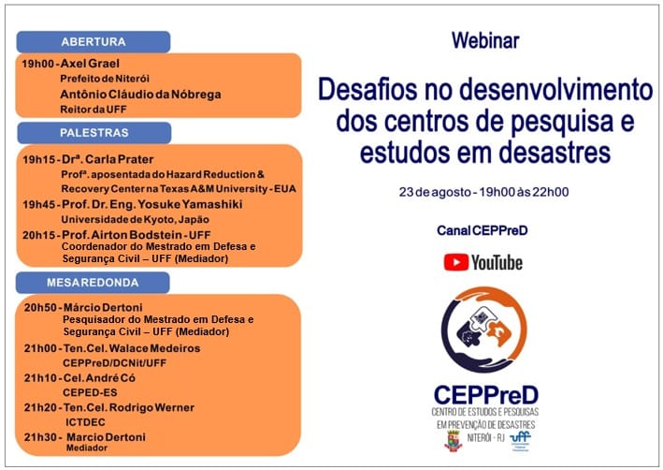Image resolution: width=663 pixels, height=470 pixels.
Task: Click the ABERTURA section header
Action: point(94,41)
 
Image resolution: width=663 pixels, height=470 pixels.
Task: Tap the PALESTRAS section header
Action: point(94,133)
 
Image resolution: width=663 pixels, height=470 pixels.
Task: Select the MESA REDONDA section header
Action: point(93,283)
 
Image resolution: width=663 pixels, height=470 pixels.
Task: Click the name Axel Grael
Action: point(90,64)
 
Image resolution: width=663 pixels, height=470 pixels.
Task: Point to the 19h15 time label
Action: point(39,159)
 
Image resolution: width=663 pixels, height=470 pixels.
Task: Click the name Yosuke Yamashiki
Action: point(190,204)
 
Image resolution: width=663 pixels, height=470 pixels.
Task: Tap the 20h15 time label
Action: point(39,235)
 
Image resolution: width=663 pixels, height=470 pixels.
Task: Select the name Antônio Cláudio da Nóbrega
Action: point(140,94)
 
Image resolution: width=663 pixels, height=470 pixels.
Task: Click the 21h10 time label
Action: point(40,377)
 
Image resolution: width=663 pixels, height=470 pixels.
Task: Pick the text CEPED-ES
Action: point(90,392)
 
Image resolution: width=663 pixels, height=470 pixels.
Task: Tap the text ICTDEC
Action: point(85,422)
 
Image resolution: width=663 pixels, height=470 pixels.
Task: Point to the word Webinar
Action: point(485,40)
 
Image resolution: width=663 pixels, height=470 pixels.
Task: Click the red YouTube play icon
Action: point(455,262)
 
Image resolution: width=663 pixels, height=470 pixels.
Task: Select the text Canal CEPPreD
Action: point(483,230)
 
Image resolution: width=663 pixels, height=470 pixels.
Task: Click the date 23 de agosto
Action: point(435,192)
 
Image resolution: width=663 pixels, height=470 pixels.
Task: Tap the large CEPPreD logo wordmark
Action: point(486,395)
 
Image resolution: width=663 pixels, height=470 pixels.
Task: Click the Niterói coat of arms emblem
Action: point(454,441)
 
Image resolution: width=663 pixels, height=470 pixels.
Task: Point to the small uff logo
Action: point(521,441)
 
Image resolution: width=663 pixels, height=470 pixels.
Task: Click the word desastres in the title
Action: point(555,154)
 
